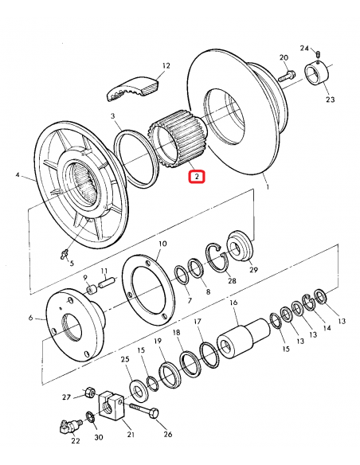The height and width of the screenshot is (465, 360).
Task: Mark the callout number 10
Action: (162, 244)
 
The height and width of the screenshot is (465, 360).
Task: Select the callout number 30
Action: (98, 437)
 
